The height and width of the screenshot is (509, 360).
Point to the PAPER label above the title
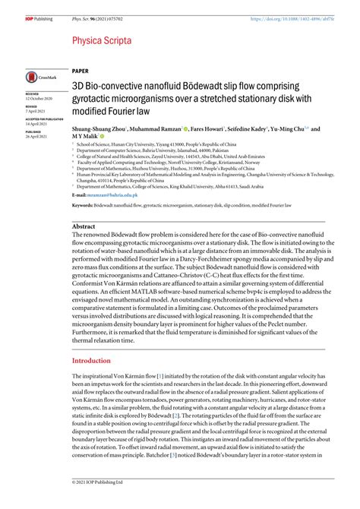pos(81,68)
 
